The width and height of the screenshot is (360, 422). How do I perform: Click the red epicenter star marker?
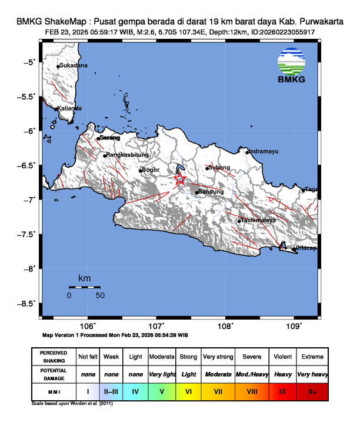coord(180,180)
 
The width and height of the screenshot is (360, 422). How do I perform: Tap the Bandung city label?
coord(212,192)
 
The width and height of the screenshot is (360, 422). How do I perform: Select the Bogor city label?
coord(151,170)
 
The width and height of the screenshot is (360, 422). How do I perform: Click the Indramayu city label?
coord(264,151)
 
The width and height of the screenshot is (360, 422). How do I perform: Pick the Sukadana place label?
coord(74,65)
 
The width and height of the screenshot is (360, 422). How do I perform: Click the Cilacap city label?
coord(307,248)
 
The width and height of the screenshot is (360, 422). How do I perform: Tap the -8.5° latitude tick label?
coord(28,304)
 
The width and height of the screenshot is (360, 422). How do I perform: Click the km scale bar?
coord(84,287)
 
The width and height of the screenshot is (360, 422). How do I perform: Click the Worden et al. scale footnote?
coord(72,404)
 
